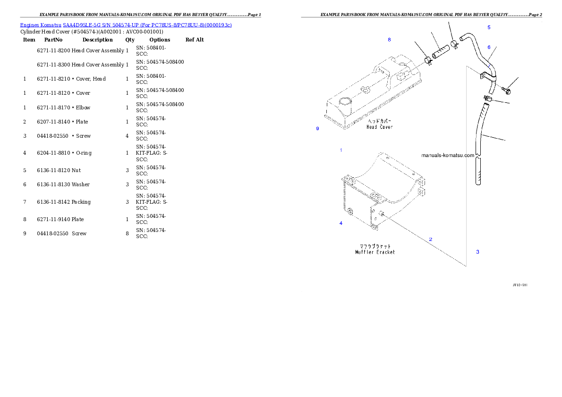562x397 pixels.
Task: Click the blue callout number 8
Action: click(x=389, y=40)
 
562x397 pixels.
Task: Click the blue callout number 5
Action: click(x=489, y=28)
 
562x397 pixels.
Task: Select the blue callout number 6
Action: click(x=489, y=47)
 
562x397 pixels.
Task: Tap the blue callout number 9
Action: click(x=317, y=129)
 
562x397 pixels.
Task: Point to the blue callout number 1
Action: click(x=341, y=150)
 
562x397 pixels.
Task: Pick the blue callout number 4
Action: click(x=341, y=223)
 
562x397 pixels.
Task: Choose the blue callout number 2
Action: click(x=431, y=240)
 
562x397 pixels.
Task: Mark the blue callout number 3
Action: click(x=477, y=252)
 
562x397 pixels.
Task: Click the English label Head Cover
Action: click(x=380, y=127)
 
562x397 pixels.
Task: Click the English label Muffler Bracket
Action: click(x=375, y=252)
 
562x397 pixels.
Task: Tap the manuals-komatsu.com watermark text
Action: click(x=447, y=155)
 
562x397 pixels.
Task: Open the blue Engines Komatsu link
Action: click(x=126, y=25)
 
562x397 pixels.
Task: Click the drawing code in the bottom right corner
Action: click(x=520, y=285)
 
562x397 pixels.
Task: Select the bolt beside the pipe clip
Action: click(x=507, y=88)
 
